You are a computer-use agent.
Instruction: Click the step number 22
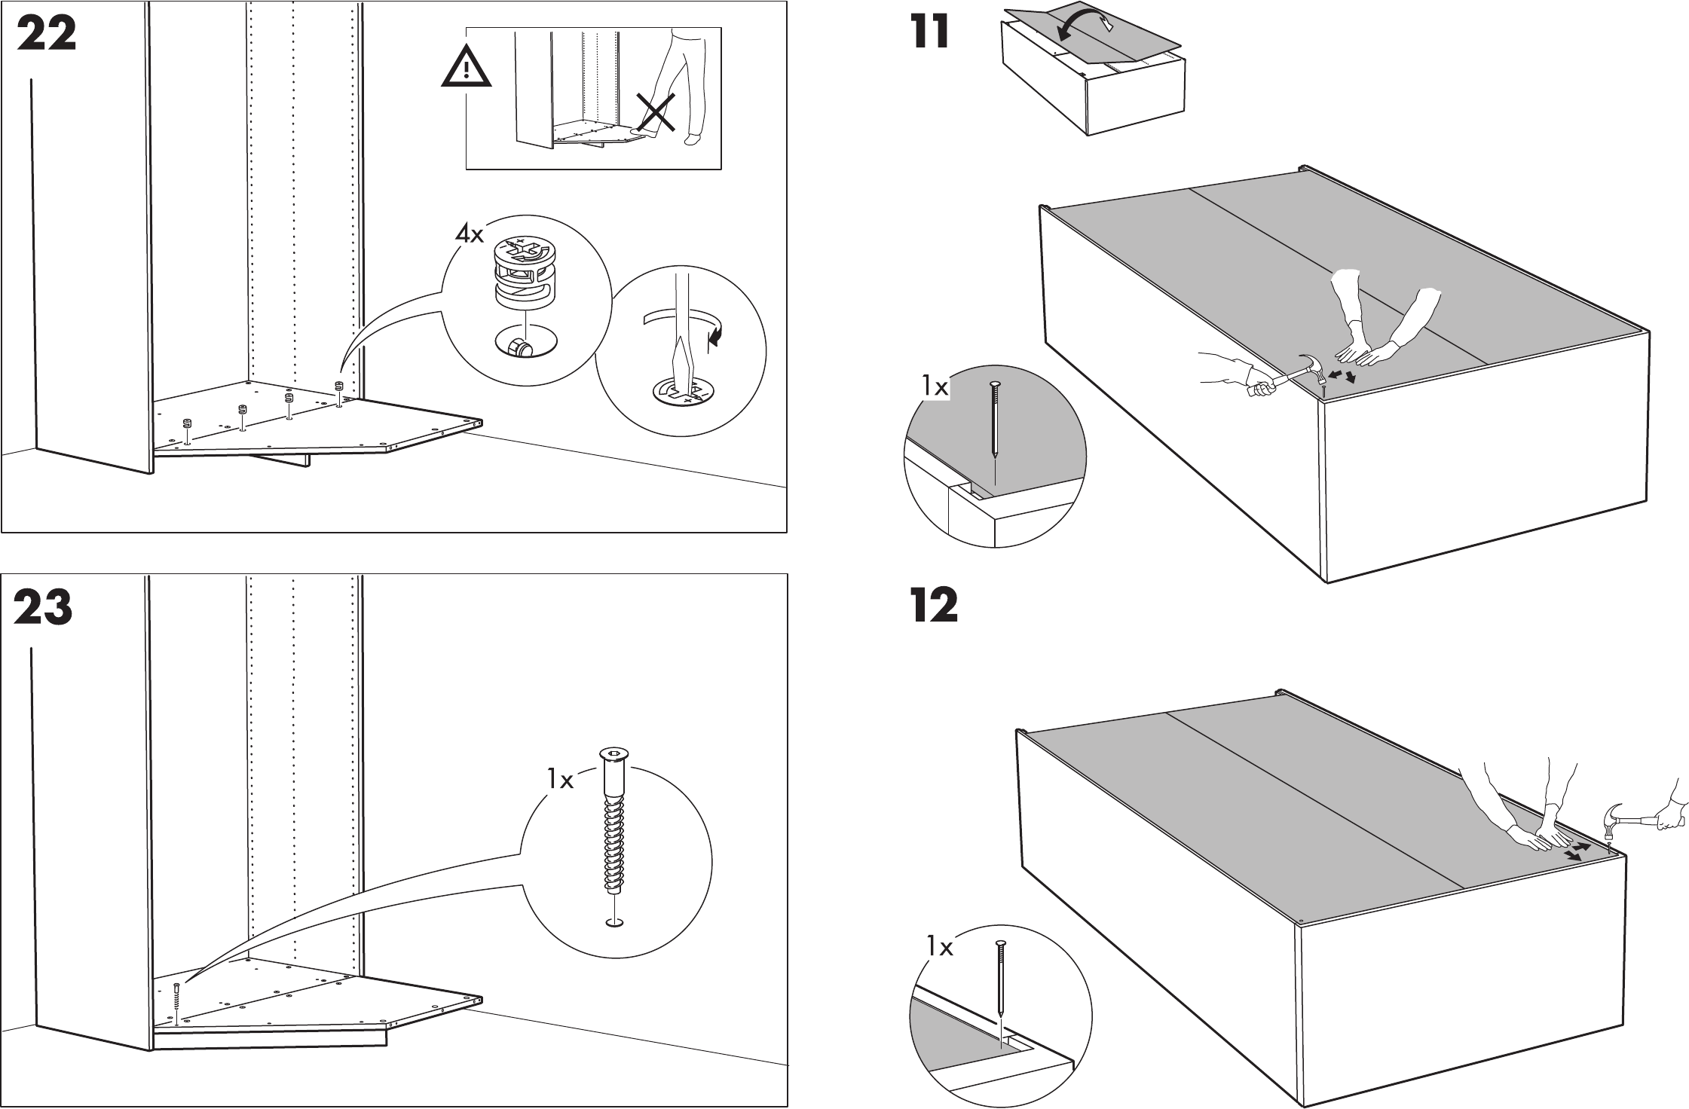point(46,35)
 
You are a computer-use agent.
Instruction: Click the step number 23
point(44,607)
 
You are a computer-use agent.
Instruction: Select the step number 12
point(934,606)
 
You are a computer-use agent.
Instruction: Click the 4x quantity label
point(469,234)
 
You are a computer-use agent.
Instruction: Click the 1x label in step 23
point(560,780)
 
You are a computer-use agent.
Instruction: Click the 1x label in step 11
point(935,387)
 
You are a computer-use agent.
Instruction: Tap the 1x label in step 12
point(940,946)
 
